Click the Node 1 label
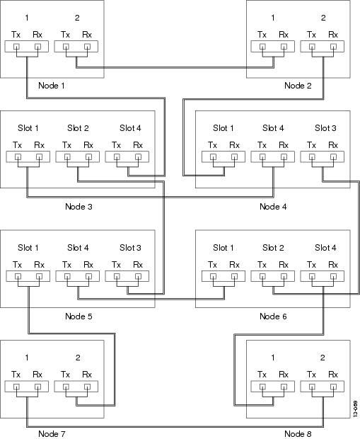(x=52, y=86)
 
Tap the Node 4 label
(x=273, y=207)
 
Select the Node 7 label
(x=52, y=434)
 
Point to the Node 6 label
(x=273, y=317)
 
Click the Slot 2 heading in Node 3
(x=78, y=128)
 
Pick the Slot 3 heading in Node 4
(x=325, y=128)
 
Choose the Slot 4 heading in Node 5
(x=78, y=248)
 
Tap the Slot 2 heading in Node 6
(x=273, y=248)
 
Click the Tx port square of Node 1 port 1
(x=16, y=47)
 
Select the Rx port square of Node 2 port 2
(x=333, y=47)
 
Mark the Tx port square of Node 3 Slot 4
(x=117, y=156)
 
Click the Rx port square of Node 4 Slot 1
(x=234, y=156)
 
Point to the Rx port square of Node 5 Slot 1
(x=39, y=276)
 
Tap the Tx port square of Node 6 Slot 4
(x=312, y=276)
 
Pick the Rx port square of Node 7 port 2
(x=87, y=387)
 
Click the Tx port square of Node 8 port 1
(x=262, y=387)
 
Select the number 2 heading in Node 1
(x=77, y=18)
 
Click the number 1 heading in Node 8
(x=273, y=358)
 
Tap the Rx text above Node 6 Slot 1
(x=234, y=265)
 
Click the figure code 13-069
(x=355, y=409)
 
